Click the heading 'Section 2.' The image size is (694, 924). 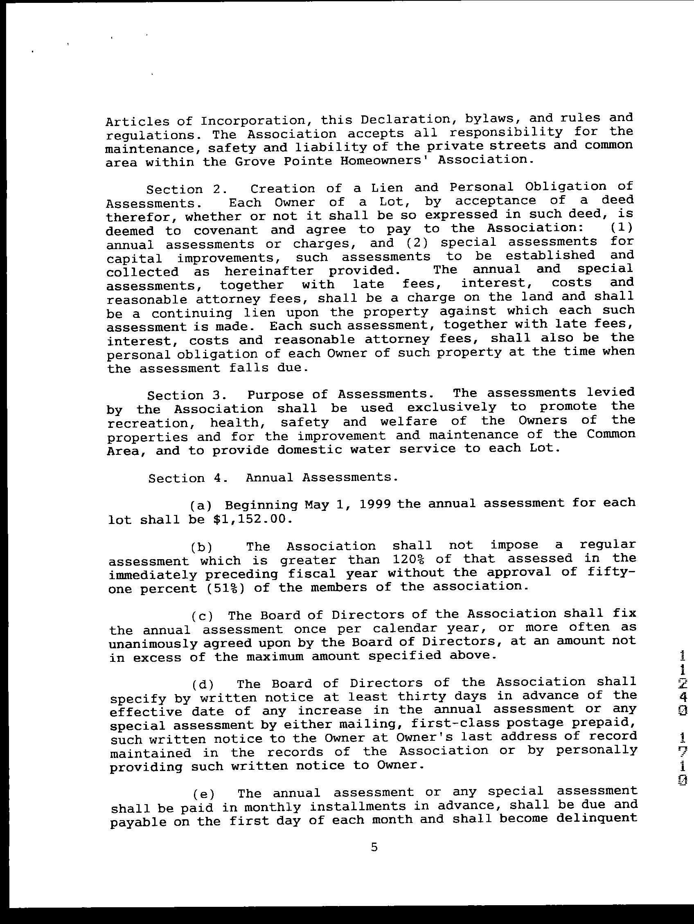pos(186,189)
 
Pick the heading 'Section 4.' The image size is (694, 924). pos(188,478)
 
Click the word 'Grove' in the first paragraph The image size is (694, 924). pos(252,161)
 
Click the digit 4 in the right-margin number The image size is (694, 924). pos(682,697)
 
